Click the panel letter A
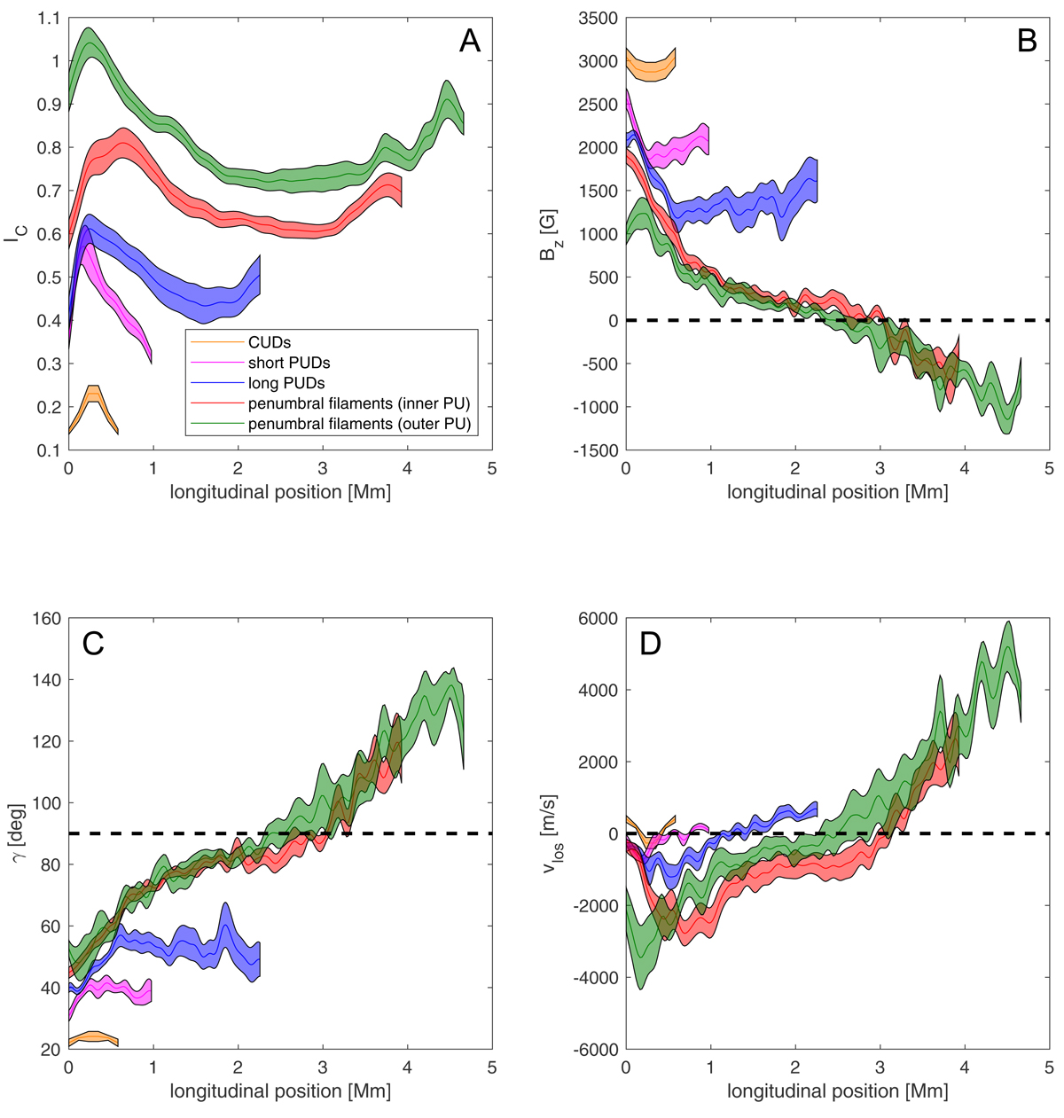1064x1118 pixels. pos(470,41)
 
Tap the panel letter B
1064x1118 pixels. pos(1027,41)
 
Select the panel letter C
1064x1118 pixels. pos(93,643)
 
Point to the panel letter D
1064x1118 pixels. pos(650,643)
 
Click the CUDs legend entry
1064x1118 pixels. pos(270,342)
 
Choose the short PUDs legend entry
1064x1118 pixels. pos(289,363)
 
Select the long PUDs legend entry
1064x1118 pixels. pos(286,383)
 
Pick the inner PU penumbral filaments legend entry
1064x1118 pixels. pos(358,403)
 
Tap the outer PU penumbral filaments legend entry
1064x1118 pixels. pos(359,424)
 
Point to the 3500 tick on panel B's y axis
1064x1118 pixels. pos(596,19)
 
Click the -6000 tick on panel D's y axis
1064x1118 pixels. pos(593,1050)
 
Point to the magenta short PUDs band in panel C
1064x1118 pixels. pos(115,990)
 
